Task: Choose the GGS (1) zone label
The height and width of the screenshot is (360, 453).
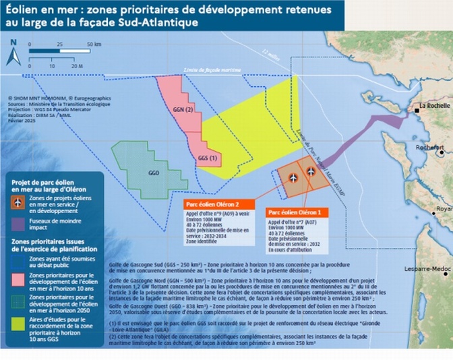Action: [208, 158]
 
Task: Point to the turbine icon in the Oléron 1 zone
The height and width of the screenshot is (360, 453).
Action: [311, 171]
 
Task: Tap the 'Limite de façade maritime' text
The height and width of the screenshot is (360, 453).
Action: [211, 70]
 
